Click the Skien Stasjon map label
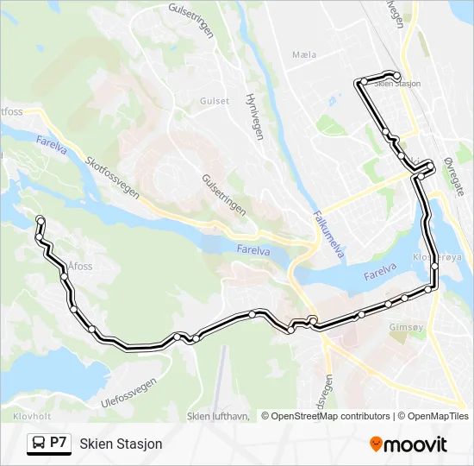[399, 84]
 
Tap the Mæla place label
[305, 54]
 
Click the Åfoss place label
[78, 267]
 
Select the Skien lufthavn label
[218, 416]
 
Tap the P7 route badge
[59, 443]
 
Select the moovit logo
[409, 444]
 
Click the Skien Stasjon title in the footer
[121, 444]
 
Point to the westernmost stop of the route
[40, 219]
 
